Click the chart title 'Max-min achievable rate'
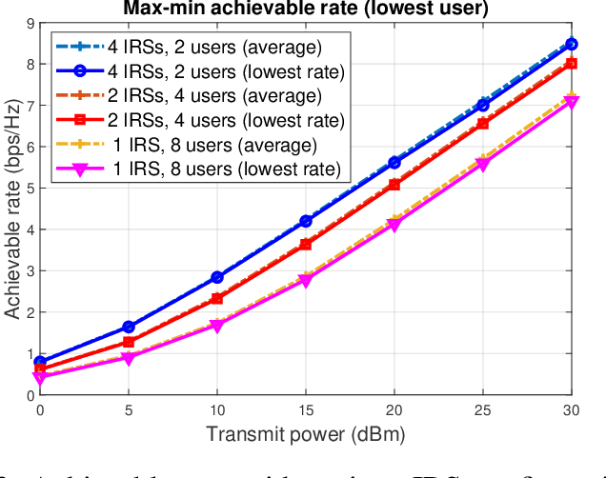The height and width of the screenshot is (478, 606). click(305, 10)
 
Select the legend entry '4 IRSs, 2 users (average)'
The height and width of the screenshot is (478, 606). click(198, 45)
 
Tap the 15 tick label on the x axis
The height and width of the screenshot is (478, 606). click(306, 409)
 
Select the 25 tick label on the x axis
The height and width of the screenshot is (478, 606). click(483, 409)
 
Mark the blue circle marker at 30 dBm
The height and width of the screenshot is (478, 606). click(571, 44)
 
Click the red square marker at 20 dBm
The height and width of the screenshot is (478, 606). click(394, 185)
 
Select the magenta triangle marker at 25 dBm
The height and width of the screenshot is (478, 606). click(483, 165)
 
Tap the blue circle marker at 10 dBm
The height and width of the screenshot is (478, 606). click(217, 277)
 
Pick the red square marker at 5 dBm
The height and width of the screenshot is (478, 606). click(129, 342)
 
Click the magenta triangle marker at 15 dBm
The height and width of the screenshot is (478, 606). click(306, 281)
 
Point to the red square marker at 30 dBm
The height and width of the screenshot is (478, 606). click(571, 64)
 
